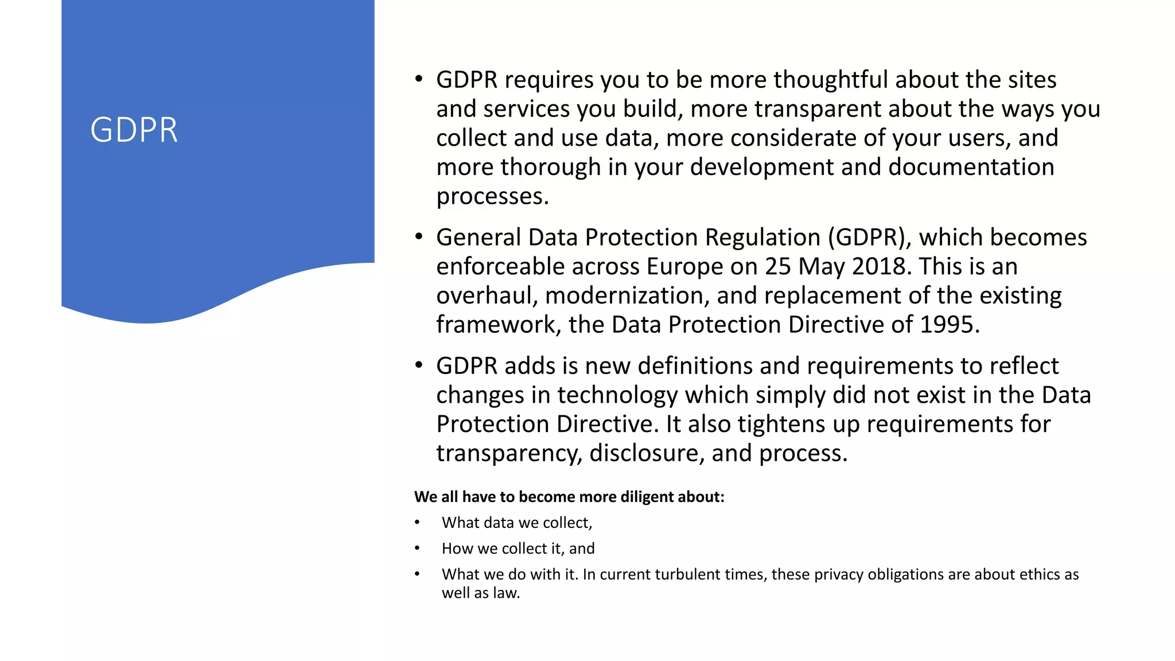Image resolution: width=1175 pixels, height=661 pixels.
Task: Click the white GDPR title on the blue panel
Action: [134, 130]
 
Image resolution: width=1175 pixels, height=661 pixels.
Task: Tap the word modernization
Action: [627, 296]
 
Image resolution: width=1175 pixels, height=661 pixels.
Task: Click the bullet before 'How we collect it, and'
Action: [418, 549]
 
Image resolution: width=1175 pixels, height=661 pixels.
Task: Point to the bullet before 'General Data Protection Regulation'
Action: [419, 236]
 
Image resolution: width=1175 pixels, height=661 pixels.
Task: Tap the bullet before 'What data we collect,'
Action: [418, 523]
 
